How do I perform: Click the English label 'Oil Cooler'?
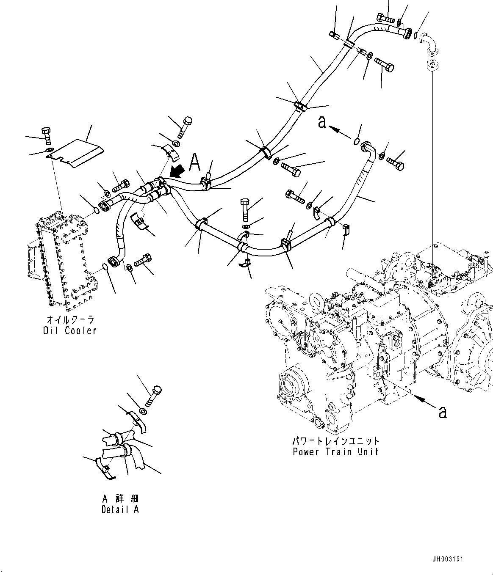coord(69,330)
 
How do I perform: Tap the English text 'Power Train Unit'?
coord(335,451)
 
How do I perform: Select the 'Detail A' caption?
coord(120,509)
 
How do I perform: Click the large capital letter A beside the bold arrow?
coord(195,162)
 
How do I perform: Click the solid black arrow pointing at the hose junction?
coord(177,172)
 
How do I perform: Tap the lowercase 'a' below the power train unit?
coord(442,411)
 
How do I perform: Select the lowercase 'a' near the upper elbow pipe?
coord(322,122)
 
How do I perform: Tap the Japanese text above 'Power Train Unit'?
coord(335,441)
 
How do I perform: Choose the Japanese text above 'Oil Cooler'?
coord(69,320)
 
